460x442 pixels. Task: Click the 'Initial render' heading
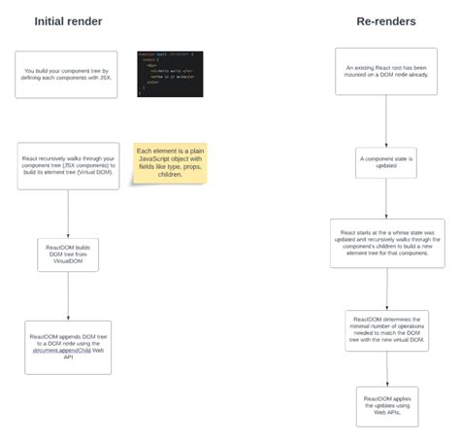click(68, 20)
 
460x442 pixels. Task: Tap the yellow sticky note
click(170, 163)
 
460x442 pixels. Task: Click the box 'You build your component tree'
click(66, 75)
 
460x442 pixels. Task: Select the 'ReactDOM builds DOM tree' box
click(68, 255)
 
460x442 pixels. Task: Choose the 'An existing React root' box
click(386, 72)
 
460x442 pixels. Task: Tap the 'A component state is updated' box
click(386, 161)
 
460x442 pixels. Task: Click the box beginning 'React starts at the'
click(386, 243)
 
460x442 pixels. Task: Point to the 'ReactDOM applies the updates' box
click(386, 405)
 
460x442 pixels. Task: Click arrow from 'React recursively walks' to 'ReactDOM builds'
click(68, 214)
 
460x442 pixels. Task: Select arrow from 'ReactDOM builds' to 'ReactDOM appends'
click(68, 297)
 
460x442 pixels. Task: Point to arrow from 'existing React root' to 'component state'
click(386, 121)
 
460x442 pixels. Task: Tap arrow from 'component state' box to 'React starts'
click(386, 198)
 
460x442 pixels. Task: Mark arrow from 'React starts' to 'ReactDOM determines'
click(386, 289)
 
